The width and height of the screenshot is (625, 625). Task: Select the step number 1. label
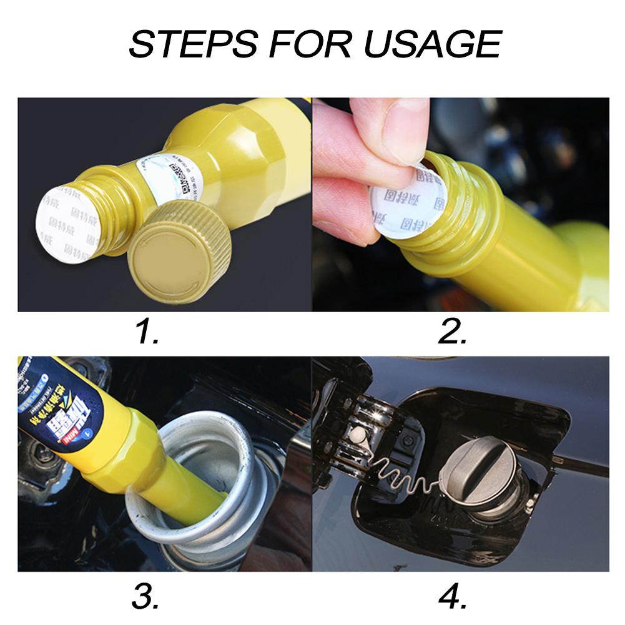point(148,333)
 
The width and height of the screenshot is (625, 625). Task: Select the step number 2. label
point(452,333)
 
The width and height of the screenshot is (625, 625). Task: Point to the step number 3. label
point(145,598)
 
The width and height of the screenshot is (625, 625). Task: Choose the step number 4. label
point(453,598)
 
